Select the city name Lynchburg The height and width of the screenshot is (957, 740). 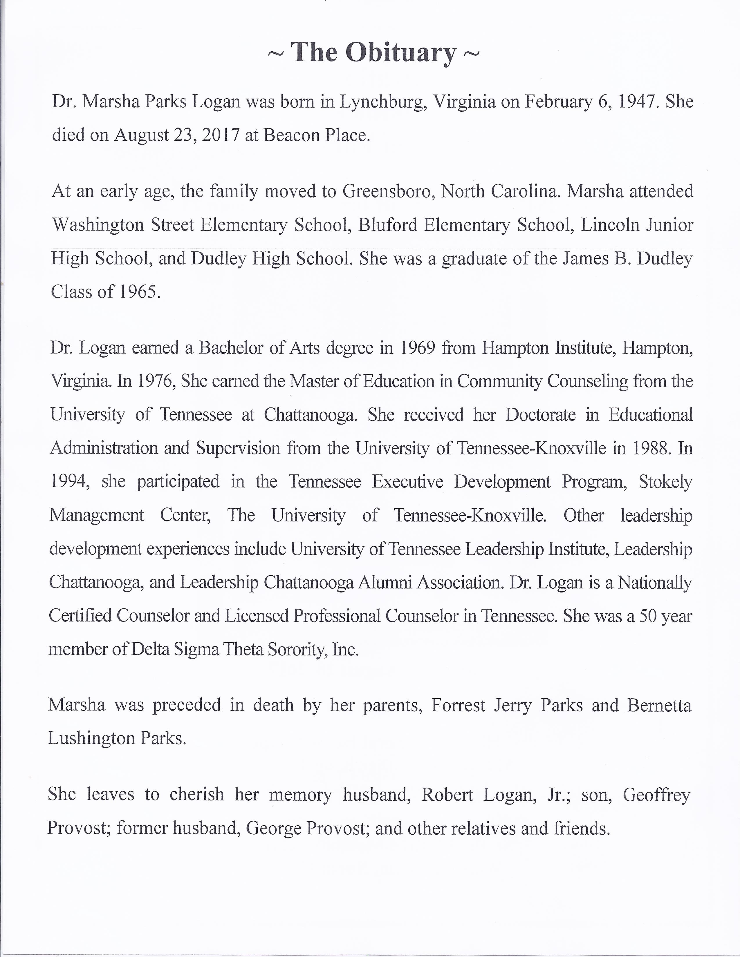pos(383,102)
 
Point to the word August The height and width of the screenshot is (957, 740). pos(141,135)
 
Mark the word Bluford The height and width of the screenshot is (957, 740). pos(386,225)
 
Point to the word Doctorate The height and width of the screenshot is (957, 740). pos(540,414)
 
